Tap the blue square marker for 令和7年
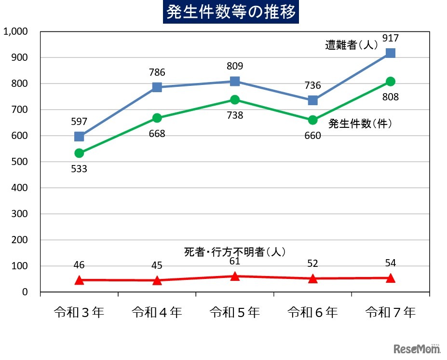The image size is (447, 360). (391, 53)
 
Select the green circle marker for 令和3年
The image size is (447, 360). (79, 153)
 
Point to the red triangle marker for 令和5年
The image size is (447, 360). (235, 276)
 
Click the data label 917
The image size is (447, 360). (390, 39)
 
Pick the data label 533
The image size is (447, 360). (79, 169)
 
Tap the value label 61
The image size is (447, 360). (235, 261)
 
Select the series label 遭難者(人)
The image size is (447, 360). (351, 45)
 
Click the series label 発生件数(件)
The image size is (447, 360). (360, 124)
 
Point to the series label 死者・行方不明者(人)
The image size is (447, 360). (235, 251)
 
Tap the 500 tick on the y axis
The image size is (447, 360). (21, 162)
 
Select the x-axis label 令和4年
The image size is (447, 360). (157, 313)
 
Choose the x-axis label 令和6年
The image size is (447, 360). (312, 313)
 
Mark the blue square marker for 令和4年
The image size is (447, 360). (157, 87)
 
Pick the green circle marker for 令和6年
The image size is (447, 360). (312, 120)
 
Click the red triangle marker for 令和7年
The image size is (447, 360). (391, 277)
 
